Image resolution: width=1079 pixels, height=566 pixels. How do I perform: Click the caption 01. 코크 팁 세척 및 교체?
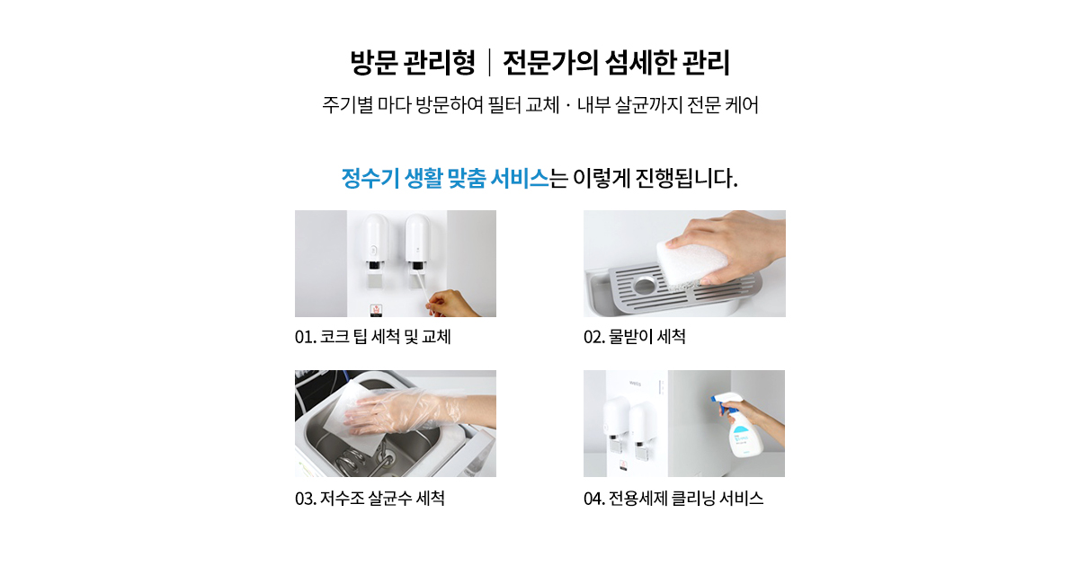(x=373, y=336)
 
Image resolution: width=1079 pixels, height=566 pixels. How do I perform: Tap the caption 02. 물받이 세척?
(x=635, y=336)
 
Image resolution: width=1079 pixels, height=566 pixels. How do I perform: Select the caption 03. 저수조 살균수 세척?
(x=370, y=498)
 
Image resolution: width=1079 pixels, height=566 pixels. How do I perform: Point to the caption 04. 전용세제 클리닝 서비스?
(x=673, y=498)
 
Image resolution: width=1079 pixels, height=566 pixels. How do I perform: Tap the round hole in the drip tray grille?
(x=646, y=285)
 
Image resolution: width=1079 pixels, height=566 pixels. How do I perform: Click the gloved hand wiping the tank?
(x=415, y=411)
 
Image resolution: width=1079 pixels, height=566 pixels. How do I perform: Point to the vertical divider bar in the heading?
(x=489, y=63)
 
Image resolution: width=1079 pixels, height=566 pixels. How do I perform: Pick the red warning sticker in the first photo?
(x=376, y=310)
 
